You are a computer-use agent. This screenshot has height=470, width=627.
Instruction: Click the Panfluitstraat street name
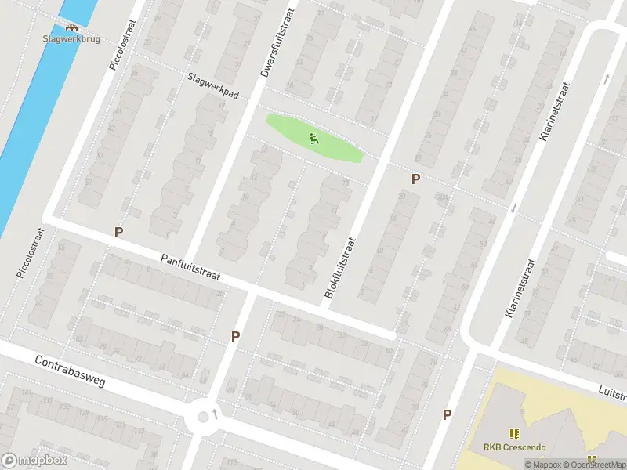tap(193, 268)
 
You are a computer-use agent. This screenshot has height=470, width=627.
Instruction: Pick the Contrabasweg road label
tap(70, 374)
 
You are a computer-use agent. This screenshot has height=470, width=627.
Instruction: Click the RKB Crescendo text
tap(514, 448)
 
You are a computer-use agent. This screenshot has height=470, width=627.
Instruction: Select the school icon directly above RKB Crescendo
tap(514, 433)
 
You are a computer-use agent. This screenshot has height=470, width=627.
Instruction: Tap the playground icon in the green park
tap(314, 139)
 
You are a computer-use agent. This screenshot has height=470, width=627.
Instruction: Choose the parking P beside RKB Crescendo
tap(447, 414)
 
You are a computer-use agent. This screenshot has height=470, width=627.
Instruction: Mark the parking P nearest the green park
tap(415, 179)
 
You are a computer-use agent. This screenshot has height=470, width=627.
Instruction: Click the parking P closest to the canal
tap(119, 232)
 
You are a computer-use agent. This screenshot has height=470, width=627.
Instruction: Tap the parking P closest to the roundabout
tap(234, 336)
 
